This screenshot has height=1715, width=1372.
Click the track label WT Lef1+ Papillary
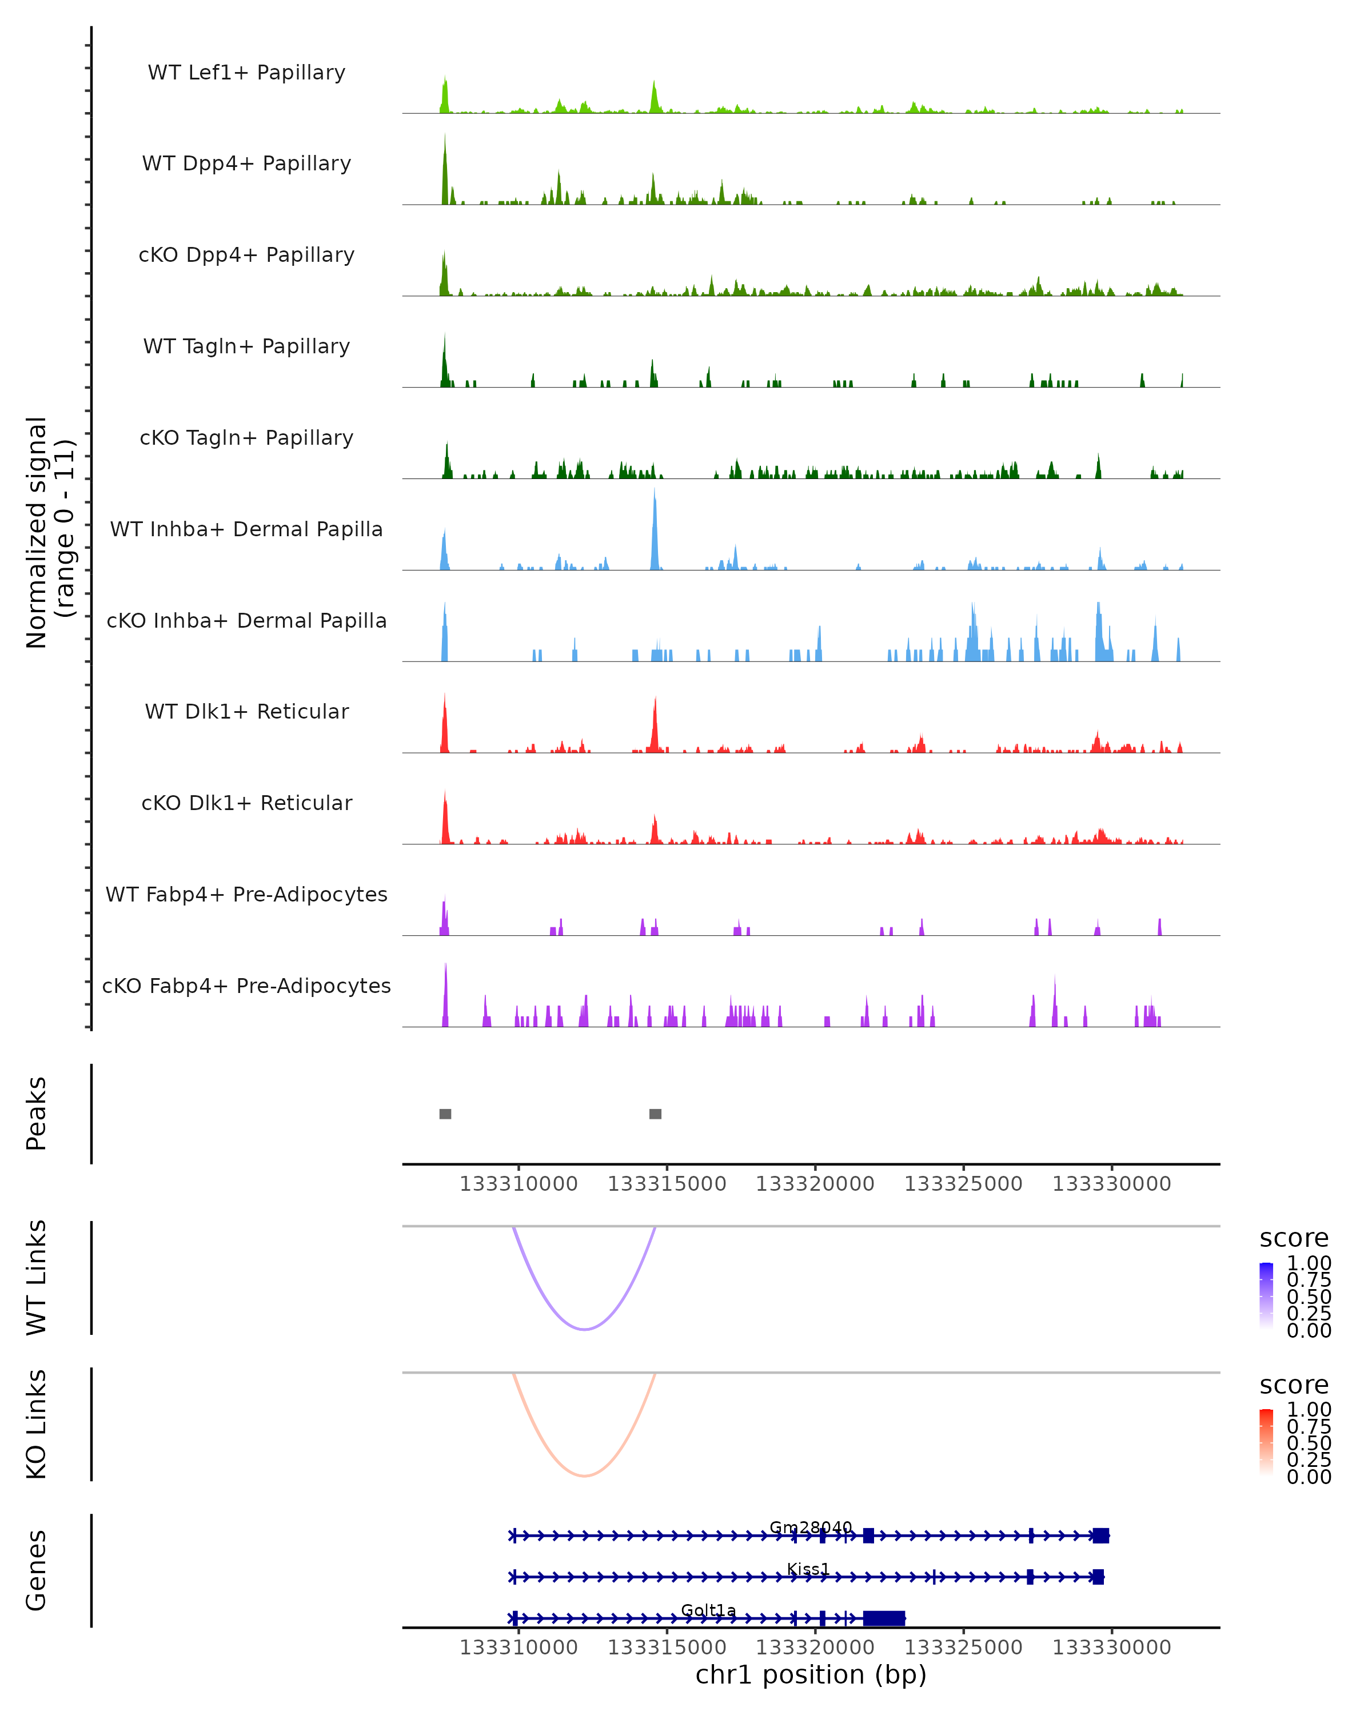246,73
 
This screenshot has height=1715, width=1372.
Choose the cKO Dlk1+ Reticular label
246,803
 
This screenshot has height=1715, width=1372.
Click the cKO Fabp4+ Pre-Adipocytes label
246,986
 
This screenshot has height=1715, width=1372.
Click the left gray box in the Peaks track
445,1114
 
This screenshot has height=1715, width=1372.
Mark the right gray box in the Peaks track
655,1114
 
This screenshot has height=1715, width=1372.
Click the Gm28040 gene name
811,1527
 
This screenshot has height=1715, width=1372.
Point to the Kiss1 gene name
808,1569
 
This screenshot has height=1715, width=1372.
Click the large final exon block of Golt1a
884,1618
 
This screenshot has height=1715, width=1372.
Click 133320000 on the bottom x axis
815,1648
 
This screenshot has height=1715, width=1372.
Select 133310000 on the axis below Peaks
519,1184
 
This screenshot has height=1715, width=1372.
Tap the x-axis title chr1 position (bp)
811,1675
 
